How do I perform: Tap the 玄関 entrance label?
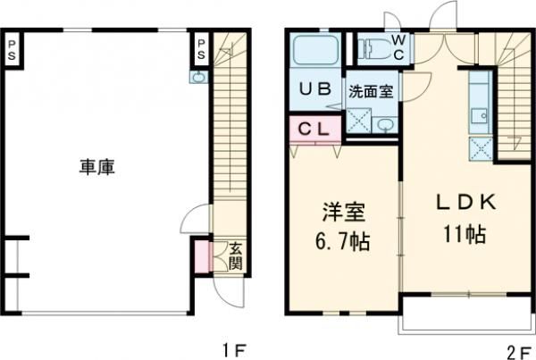[x=234, y=256]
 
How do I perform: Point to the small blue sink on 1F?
[x=197, y=78]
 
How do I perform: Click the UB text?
[x=314, y=89]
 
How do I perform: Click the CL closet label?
[x=312, y=128]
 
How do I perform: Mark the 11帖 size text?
[x=463, y=235]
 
